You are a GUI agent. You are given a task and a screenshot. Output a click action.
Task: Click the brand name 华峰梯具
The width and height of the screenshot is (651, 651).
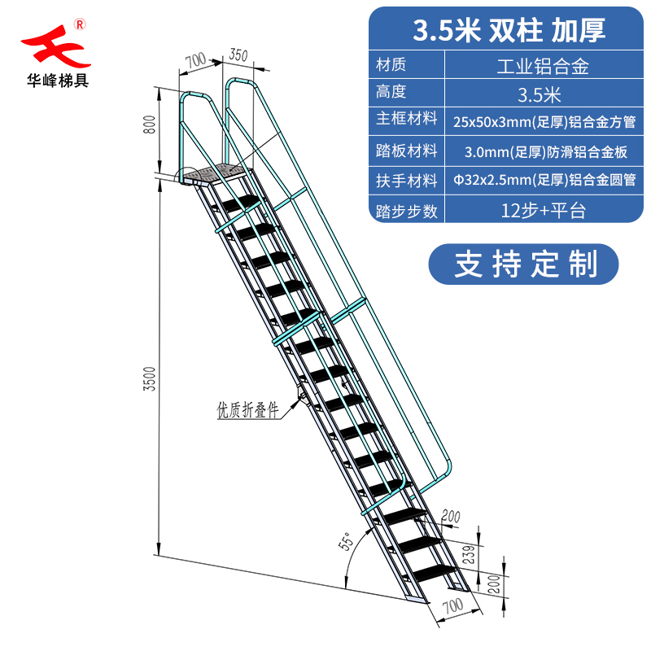55,81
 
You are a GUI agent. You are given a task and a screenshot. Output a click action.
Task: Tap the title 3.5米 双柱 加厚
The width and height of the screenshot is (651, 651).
509,30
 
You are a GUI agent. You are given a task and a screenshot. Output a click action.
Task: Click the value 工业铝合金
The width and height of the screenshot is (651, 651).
542,66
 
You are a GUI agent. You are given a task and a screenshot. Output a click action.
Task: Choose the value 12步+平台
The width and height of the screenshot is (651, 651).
542,211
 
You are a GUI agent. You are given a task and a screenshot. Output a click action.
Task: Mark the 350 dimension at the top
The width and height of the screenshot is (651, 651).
238,55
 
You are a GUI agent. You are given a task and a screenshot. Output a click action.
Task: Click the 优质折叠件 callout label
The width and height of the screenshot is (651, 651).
247,411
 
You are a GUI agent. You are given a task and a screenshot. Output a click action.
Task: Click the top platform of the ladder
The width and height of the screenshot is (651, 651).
214,174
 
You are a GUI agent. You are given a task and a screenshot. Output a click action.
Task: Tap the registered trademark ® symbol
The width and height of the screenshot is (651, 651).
80,24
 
